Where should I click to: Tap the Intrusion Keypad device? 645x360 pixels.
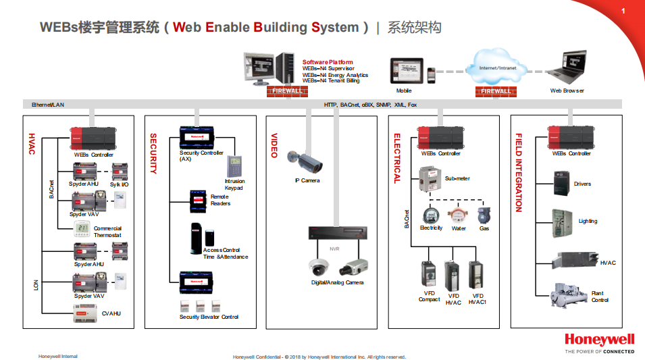[234, 165]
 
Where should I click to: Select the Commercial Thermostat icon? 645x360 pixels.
[81, 228]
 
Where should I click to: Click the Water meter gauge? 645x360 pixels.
[459, 215]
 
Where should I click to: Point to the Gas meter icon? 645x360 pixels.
[484, 215]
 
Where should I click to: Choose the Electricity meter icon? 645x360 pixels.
[431, 215]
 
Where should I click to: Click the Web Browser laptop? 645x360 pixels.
[567, 70]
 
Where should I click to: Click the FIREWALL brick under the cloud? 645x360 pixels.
[496, 91]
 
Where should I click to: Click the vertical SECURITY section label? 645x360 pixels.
[153, 153]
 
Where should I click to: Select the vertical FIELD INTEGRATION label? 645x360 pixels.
[519, 173]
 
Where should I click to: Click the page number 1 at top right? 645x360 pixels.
[623, 11]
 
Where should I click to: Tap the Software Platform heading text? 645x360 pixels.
[328, 62]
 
